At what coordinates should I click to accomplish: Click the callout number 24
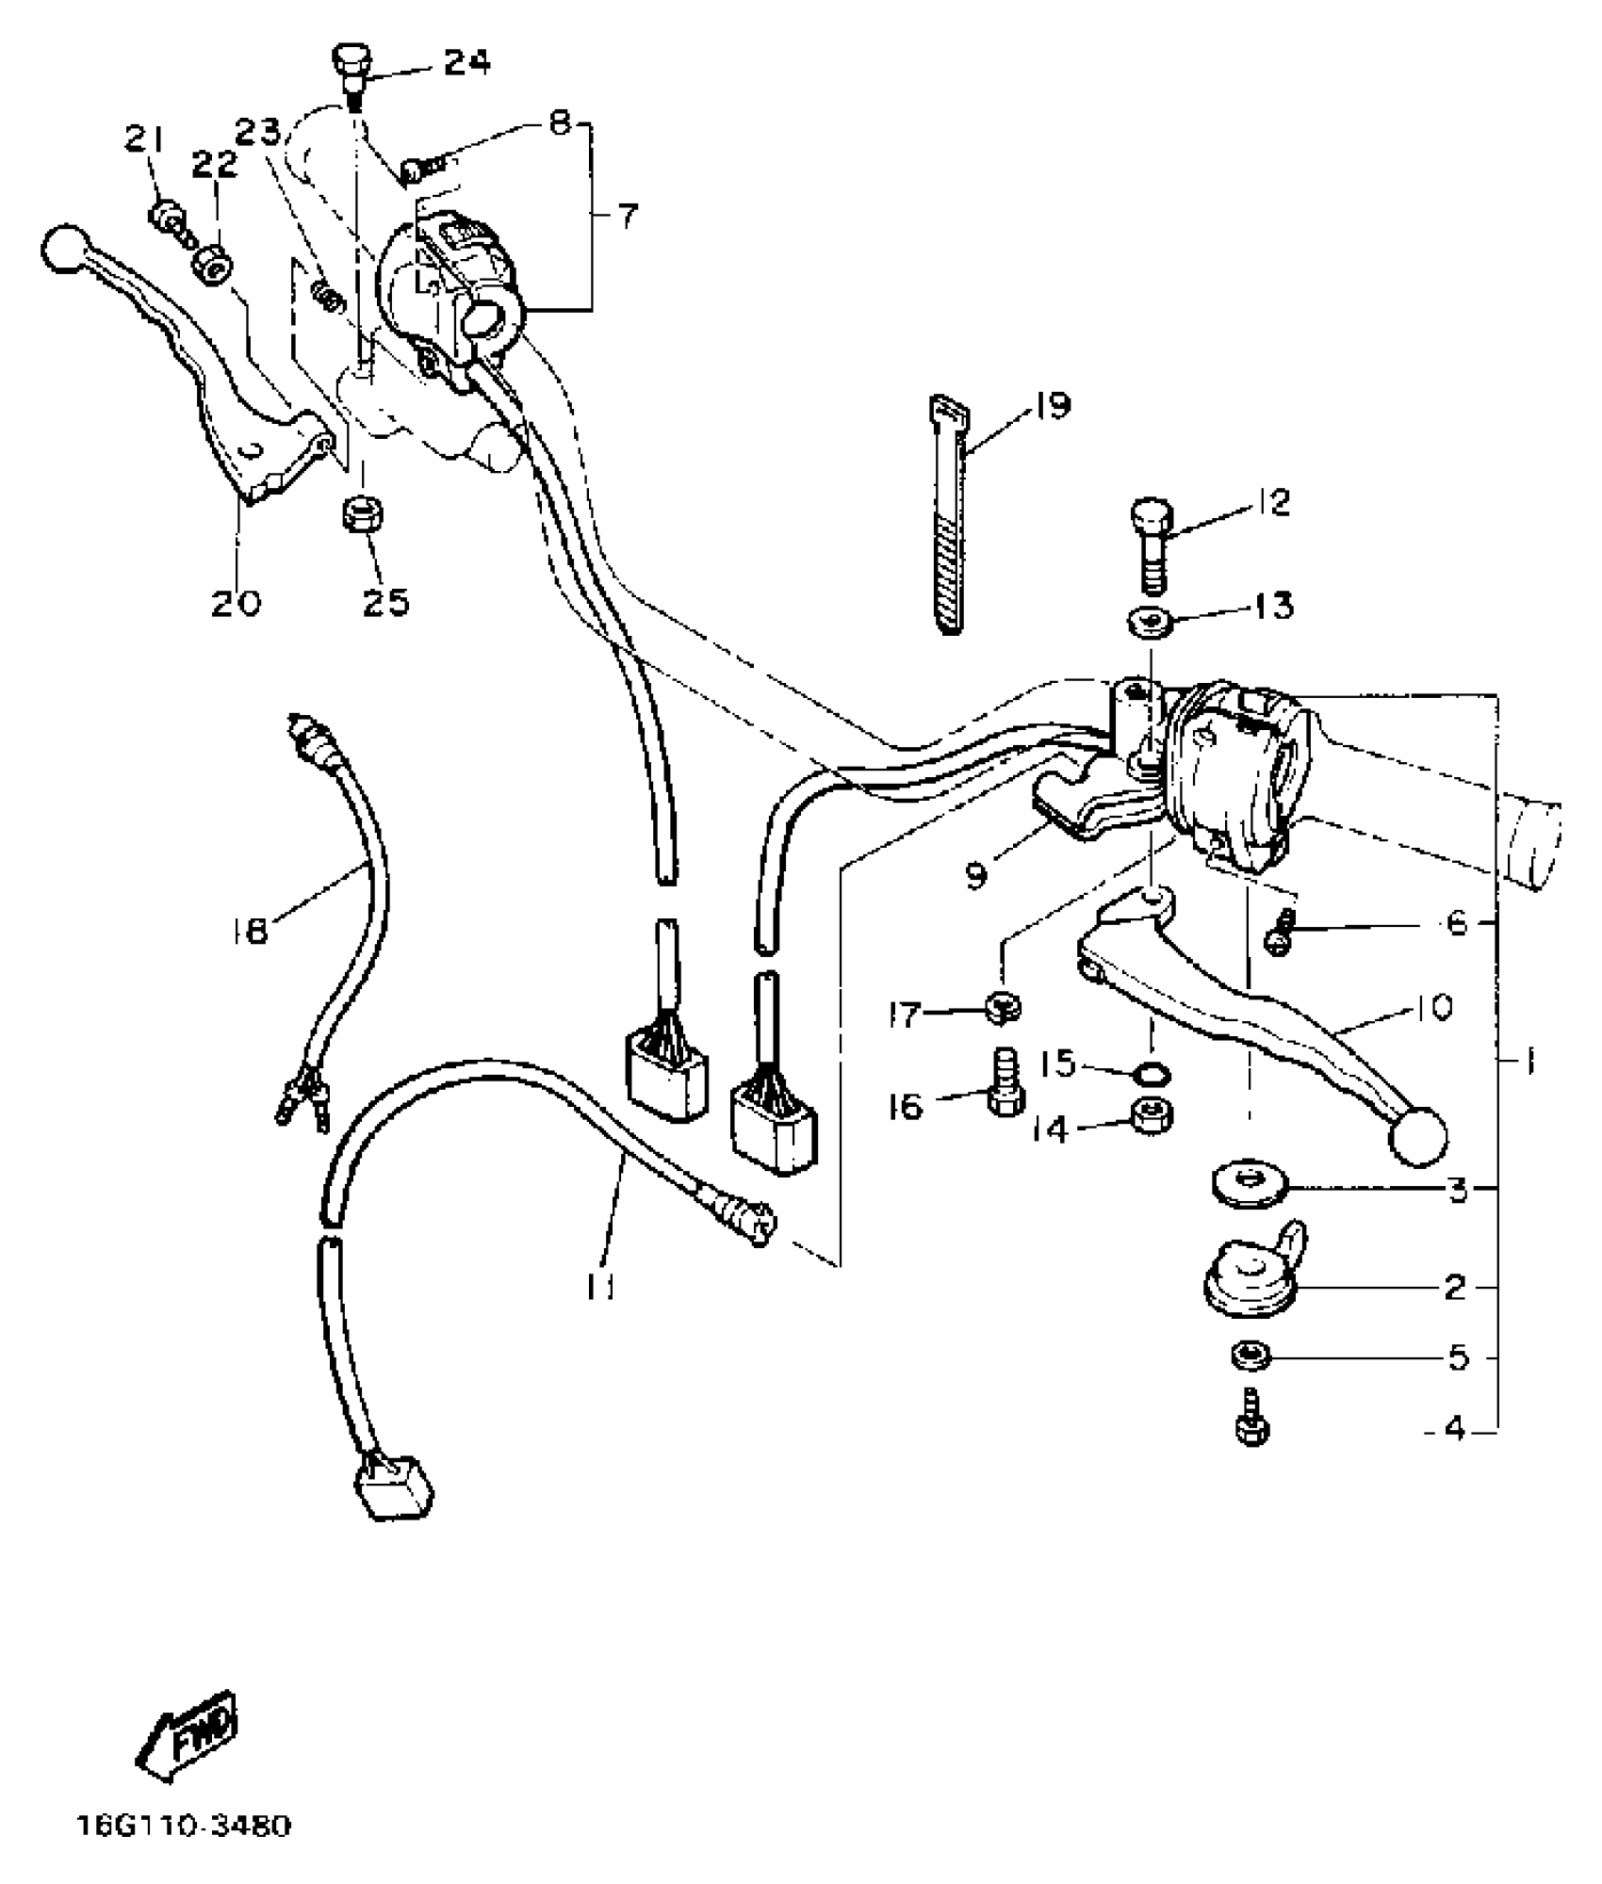tap(467, 63)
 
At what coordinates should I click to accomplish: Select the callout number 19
tap(1051, 406)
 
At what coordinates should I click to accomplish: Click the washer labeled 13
tap(1150, 623)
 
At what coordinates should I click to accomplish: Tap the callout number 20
tap(236, 602)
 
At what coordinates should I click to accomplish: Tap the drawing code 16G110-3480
tap(185, 1853)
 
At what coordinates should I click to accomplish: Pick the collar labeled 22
tap(211, 267)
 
